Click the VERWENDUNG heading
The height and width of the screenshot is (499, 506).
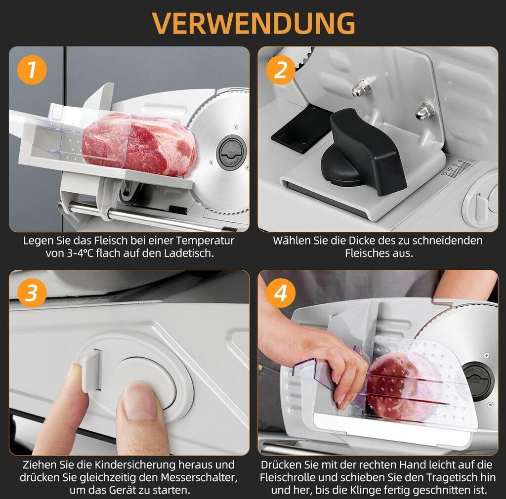point(253,23)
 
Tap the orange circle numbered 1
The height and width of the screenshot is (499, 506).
point(32,70)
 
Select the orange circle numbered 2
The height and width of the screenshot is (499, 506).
point(281,70)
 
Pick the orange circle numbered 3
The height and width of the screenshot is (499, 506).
point(32,293)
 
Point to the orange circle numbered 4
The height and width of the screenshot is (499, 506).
point(281,293)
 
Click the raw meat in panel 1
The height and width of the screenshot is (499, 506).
point(139,144)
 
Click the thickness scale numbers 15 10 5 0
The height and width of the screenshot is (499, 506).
point(452,167)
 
